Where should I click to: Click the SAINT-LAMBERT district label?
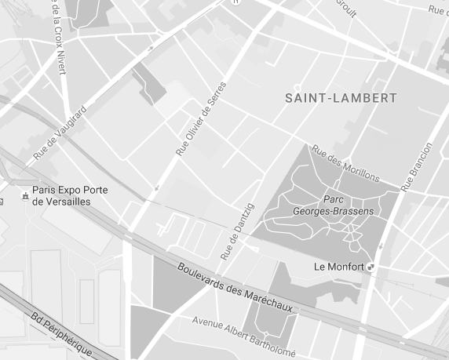point(341,98)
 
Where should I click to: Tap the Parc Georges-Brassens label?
point(344,205)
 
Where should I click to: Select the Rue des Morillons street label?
point(345,162)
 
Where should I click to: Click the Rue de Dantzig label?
point(238,231)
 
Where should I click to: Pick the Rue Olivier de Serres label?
point(201,118)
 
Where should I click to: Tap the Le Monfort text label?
point(338,267)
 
